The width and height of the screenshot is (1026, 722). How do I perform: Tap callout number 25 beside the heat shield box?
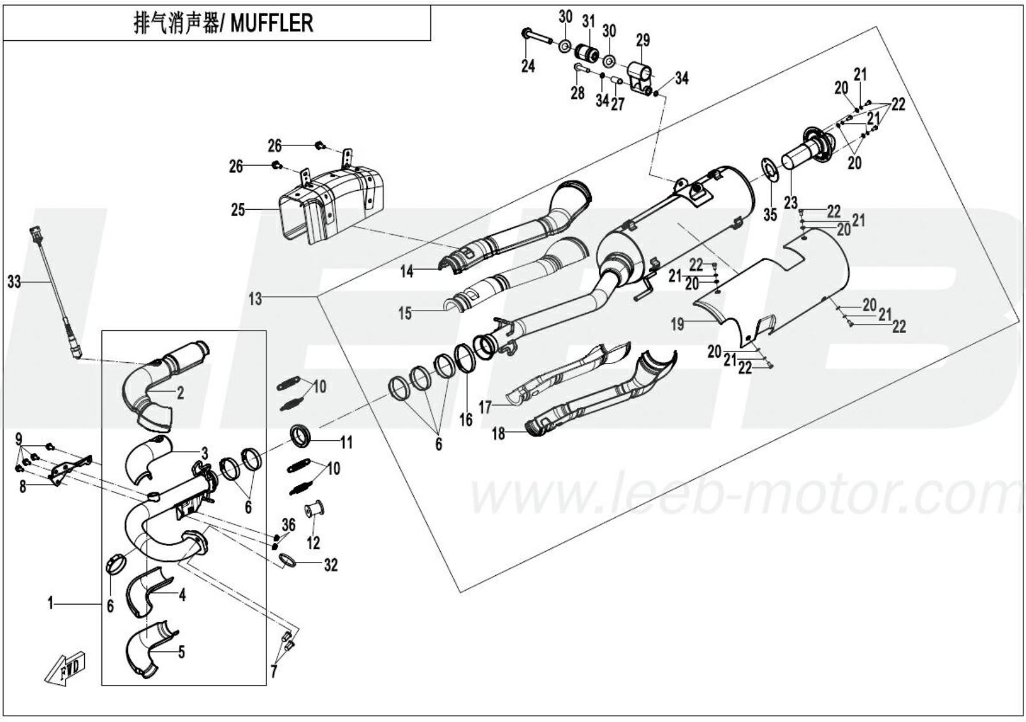point(238,209)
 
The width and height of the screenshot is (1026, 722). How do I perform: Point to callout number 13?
point(255,298)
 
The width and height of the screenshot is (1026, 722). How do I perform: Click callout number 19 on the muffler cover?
point(677,324)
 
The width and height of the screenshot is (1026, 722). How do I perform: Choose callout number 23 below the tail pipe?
point(791,203)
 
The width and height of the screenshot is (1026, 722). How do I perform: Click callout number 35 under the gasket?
point(770,215)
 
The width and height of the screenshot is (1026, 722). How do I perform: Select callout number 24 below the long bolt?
point(528,66)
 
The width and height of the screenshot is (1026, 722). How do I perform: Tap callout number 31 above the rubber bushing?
point(588,22)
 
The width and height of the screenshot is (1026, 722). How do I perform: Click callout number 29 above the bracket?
point(643,40)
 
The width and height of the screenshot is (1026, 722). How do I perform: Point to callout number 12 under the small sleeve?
point(313,543)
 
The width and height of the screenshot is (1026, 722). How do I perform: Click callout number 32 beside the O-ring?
point(330,565)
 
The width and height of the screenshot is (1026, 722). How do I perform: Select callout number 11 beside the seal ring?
point(346,442)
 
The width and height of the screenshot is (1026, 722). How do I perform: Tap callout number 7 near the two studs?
point(274,671)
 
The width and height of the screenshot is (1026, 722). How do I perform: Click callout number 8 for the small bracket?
point(23,487)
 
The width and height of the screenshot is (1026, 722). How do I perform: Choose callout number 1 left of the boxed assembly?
point(50,603)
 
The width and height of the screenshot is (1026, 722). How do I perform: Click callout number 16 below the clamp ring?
point(466,419)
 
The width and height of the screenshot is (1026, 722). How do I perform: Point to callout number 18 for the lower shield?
point(498,434)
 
